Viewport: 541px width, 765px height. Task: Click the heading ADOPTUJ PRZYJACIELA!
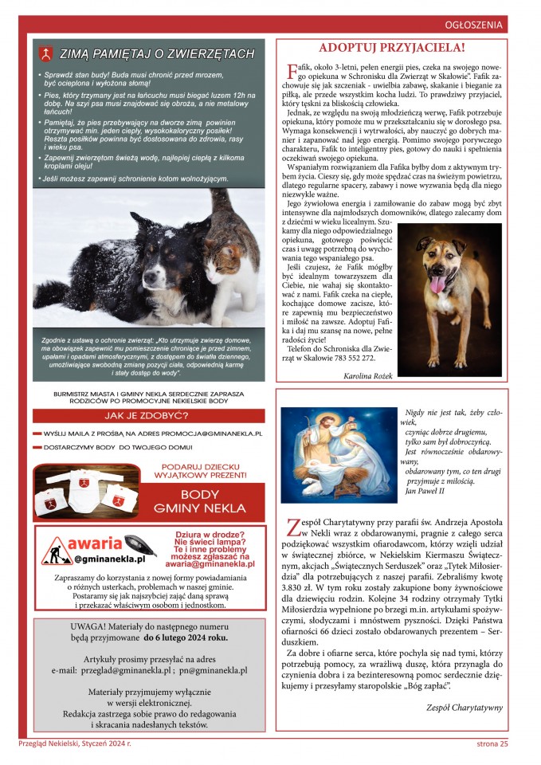[x=391, y=47]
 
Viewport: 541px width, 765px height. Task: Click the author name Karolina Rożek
[x=368, y=375]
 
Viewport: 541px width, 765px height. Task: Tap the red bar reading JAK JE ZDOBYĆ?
[x=150, y=415]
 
